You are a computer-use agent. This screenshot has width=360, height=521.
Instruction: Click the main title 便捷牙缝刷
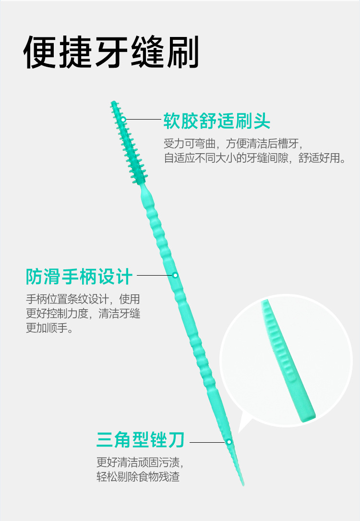click(x=111, y=52)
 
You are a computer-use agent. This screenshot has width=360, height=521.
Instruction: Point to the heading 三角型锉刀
click(x=140, y=439)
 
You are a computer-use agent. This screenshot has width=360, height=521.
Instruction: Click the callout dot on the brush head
click(x=123, y=119)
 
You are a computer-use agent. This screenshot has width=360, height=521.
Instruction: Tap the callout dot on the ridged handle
click(x=175, y=275)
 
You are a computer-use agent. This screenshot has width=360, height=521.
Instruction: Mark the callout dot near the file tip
click(x=229, y=441)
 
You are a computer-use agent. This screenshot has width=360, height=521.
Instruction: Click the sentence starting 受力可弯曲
click(x=234, y=143)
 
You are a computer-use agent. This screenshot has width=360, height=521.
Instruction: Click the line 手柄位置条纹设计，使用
click(x=83, y=299)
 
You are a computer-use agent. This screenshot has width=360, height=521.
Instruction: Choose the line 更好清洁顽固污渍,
click(x=140, y=463)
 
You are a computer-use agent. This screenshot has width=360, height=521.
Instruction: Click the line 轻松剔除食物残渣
click(x=138, y=477)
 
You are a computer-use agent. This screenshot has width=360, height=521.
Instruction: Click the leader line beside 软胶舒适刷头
click(x=143, y=119)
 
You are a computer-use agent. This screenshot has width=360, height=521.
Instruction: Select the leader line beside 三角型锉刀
click(x=207, y=441)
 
